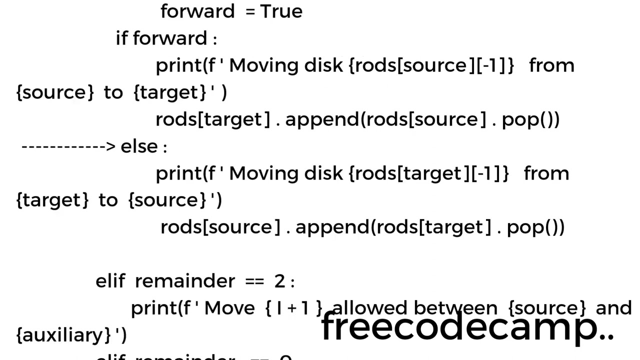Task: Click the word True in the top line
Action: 281,11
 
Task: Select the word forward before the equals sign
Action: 197,11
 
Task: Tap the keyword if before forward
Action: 121,38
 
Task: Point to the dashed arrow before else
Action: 68,146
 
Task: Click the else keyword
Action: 139,146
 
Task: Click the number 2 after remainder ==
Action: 279,281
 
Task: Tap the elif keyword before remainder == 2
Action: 110,281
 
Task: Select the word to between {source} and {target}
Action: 113,92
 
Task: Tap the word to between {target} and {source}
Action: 108,200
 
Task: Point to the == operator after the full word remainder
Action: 254,281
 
